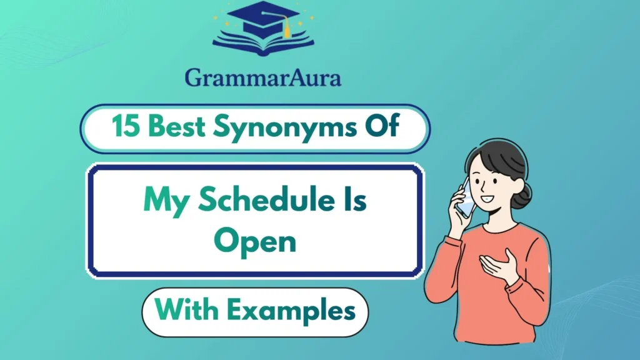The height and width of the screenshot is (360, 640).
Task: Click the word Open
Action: [255, 240]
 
